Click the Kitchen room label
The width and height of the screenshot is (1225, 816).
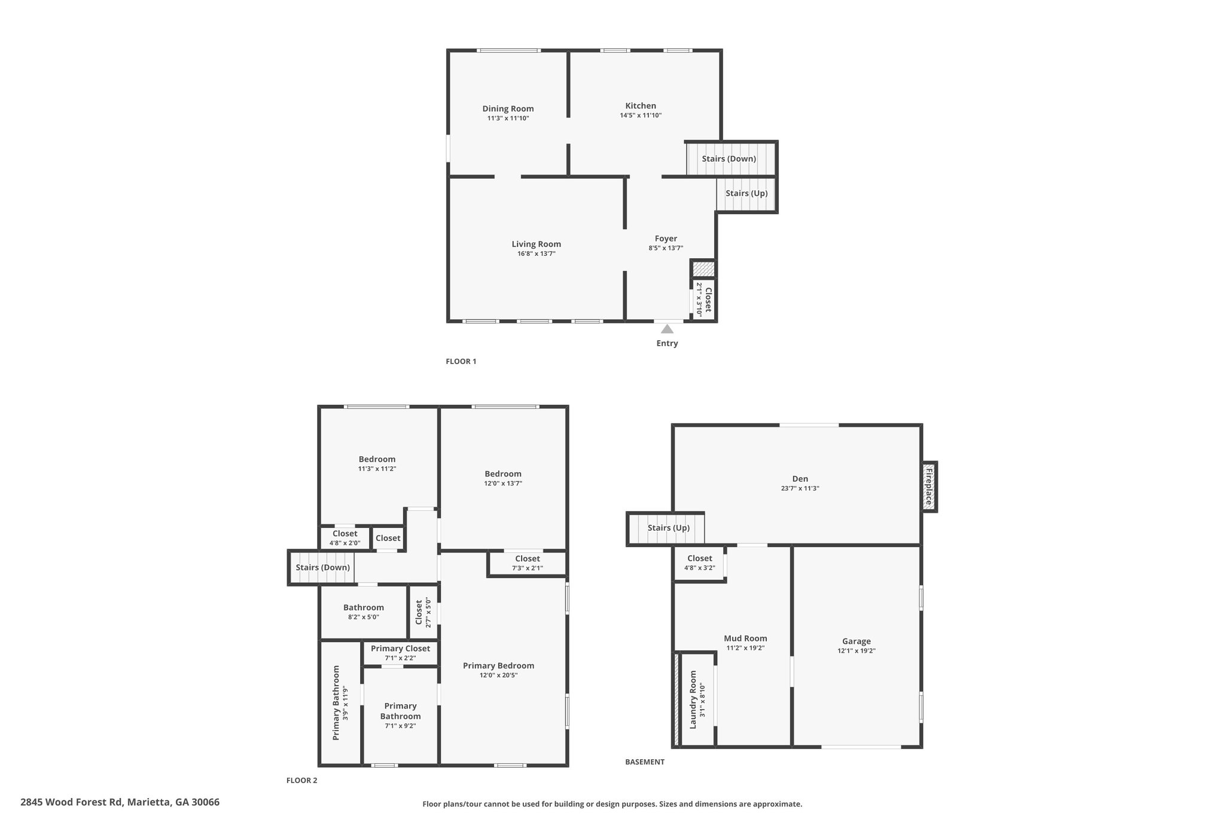click(641, 106)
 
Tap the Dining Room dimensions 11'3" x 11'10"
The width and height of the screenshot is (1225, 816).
click(508, 118)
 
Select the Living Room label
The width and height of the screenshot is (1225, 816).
click(536, 244)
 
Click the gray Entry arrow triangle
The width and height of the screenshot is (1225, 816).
click(667, 329)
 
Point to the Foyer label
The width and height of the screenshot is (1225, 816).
click(666, 239)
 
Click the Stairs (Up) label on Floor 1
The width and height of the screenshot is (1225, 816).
click(746, 193)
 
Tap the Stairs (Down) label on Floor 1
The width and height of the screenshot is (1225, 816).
click(729, 158)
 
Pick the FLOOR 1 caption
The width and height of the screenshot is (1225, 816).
click(461, 361)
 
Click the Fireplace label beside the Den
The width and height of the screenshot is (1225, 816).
click(929, 487)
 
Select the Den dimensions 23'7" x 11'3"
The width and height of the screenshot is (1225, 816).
click(800, 488)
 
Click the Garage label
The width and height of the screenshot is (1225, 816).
click(856, 641)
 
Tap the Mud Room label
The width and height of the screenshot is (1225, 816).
click(745, 638)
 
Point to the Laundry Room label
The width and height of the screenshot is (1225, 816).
click(693, 699)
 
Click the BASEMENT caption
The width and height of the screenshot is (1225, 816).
click(644, 762)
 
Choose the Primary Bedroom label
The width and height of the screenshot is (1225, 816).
click(498, 665)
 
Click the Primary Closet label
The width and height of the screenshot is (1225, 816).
click(400, 649)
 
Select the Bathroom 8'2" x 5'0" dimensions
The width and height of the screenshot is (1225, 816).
click(363, 617)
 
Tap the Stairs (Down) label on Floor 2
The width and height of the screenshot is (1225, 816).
click(322, 567)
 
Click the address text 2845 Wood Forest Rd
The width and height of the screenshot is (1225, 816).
click(72, 802)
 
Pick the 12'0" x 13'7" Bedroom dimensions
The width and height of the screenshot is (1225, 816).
click(503, 483)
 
